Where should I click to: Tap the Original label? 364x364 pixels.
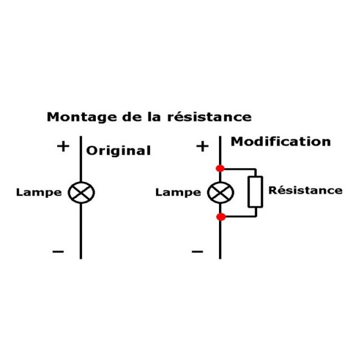[118, 151]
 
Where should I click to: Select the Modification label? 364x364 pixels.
[281, 142]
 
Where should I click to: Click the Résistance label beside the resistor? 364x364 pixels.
[305, 190]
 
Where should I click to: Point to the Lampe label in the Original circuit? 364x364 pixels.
[39, 193]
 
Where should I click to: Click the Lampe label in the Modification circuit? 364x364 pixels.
[178, 193]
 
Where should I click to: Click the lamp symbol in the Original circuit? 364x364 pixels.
[81, 193]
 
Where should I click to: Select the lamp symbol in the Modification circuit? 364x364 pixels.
[220, 193]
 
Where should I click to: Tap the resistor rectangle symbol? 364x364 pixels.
[255, 192]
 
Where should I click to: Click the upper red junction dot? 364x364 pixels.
[220, 168]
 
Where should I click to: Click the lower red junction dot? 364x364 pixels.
[220, 217]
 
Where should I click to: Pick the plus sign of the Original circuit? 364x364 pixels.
[62, 147]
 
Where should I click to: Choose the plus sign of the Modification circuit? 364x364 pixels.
[202, 147]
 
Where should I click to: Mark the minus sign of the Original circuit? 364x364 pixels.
[58, 251]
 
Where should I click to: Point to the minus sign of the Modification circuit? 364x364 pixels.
[197, 251]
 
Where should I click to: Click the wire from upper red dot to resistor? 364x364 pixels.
[240, 168]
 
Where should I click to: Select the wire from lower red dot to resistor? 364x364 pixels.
[240, 217]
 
